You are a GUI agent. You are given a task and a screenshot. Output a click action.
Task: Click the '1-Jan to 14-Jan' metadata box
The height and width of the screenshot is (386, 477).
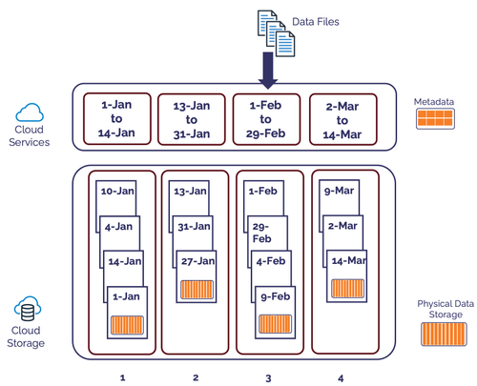coord(116,119)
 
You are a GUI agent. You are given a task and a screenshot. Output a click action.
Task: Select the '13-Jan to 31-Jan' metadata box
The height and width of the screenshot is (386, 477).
coord(194,119)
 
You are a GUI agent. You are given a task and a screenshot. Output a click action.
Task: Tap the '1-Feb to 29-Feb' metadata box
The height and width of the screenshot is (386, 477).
coord(268,119)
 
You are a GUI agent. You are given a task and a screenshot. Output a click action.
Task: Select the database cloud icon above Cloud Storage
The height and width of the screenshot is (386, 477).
coord(28,310)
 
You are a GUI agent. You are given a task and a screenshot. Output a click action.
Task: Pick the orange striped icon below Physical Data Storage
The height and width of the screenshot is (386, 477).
coord(444,334)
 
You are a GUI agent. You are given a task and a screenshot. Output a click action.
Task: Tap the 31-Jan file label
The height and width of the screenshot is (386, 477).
coord(192,226)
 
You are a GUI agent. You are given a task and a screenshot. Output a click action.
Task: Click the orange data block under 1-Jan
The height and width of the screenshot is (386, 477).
coord(126,322)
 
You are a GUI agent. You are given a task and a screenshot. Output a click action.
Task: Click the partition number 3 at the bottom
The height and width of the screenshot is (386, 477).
coord(268,351)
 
